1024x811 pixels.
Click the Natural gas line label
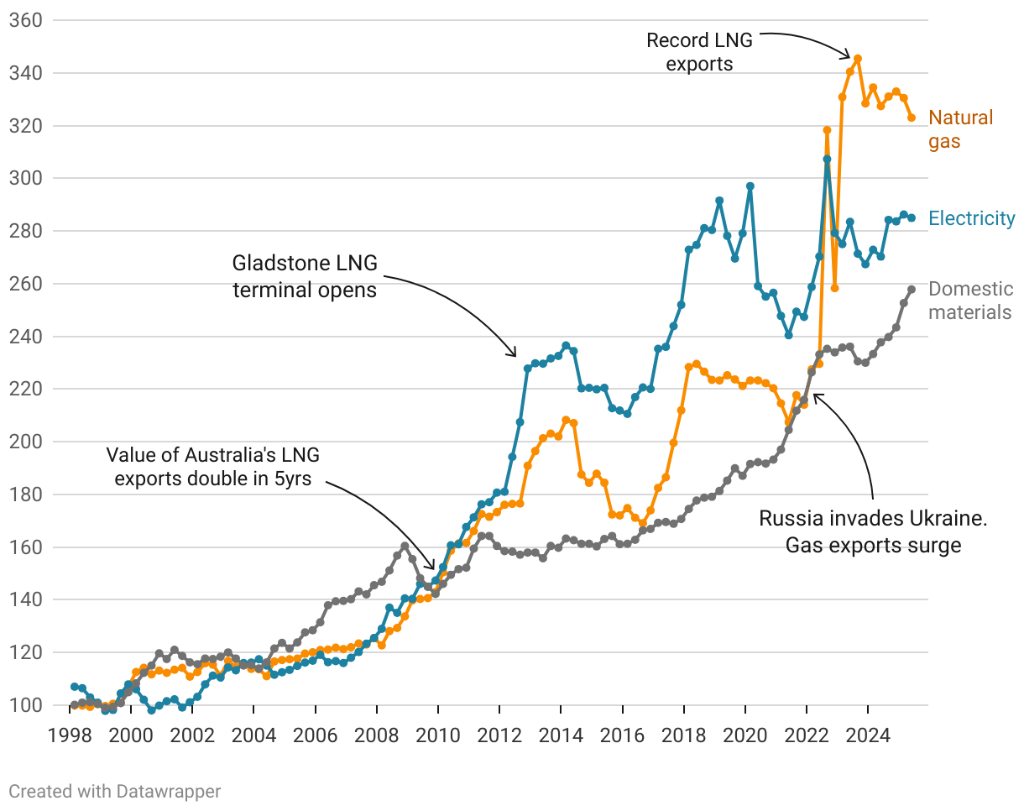click(960, 129)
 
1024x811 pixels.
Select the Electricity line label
click(971, 219)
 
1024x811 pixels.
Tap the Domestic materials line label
click(970, 301)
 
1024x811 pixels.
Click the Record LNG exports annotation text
click(699, 51)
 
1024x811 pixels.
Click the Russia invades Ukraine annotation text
click(873, 531)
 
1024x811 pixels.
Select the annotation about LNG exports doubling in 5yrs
click(213, 467)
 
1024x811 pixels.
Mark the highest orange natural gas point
click(858, 59)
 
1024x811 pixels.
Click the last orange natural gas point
click(912, 118)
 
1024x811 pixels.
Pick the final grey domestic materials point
click(912, 290)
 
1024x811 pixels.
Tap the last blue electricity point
click(912, 217)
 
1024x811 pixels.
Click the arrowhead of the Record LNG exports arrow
click(850, 57)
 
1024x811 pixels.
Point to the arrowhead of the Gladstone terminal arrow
click(515, 355)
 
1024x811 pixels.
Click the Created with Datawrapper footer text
click(115, 791)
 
